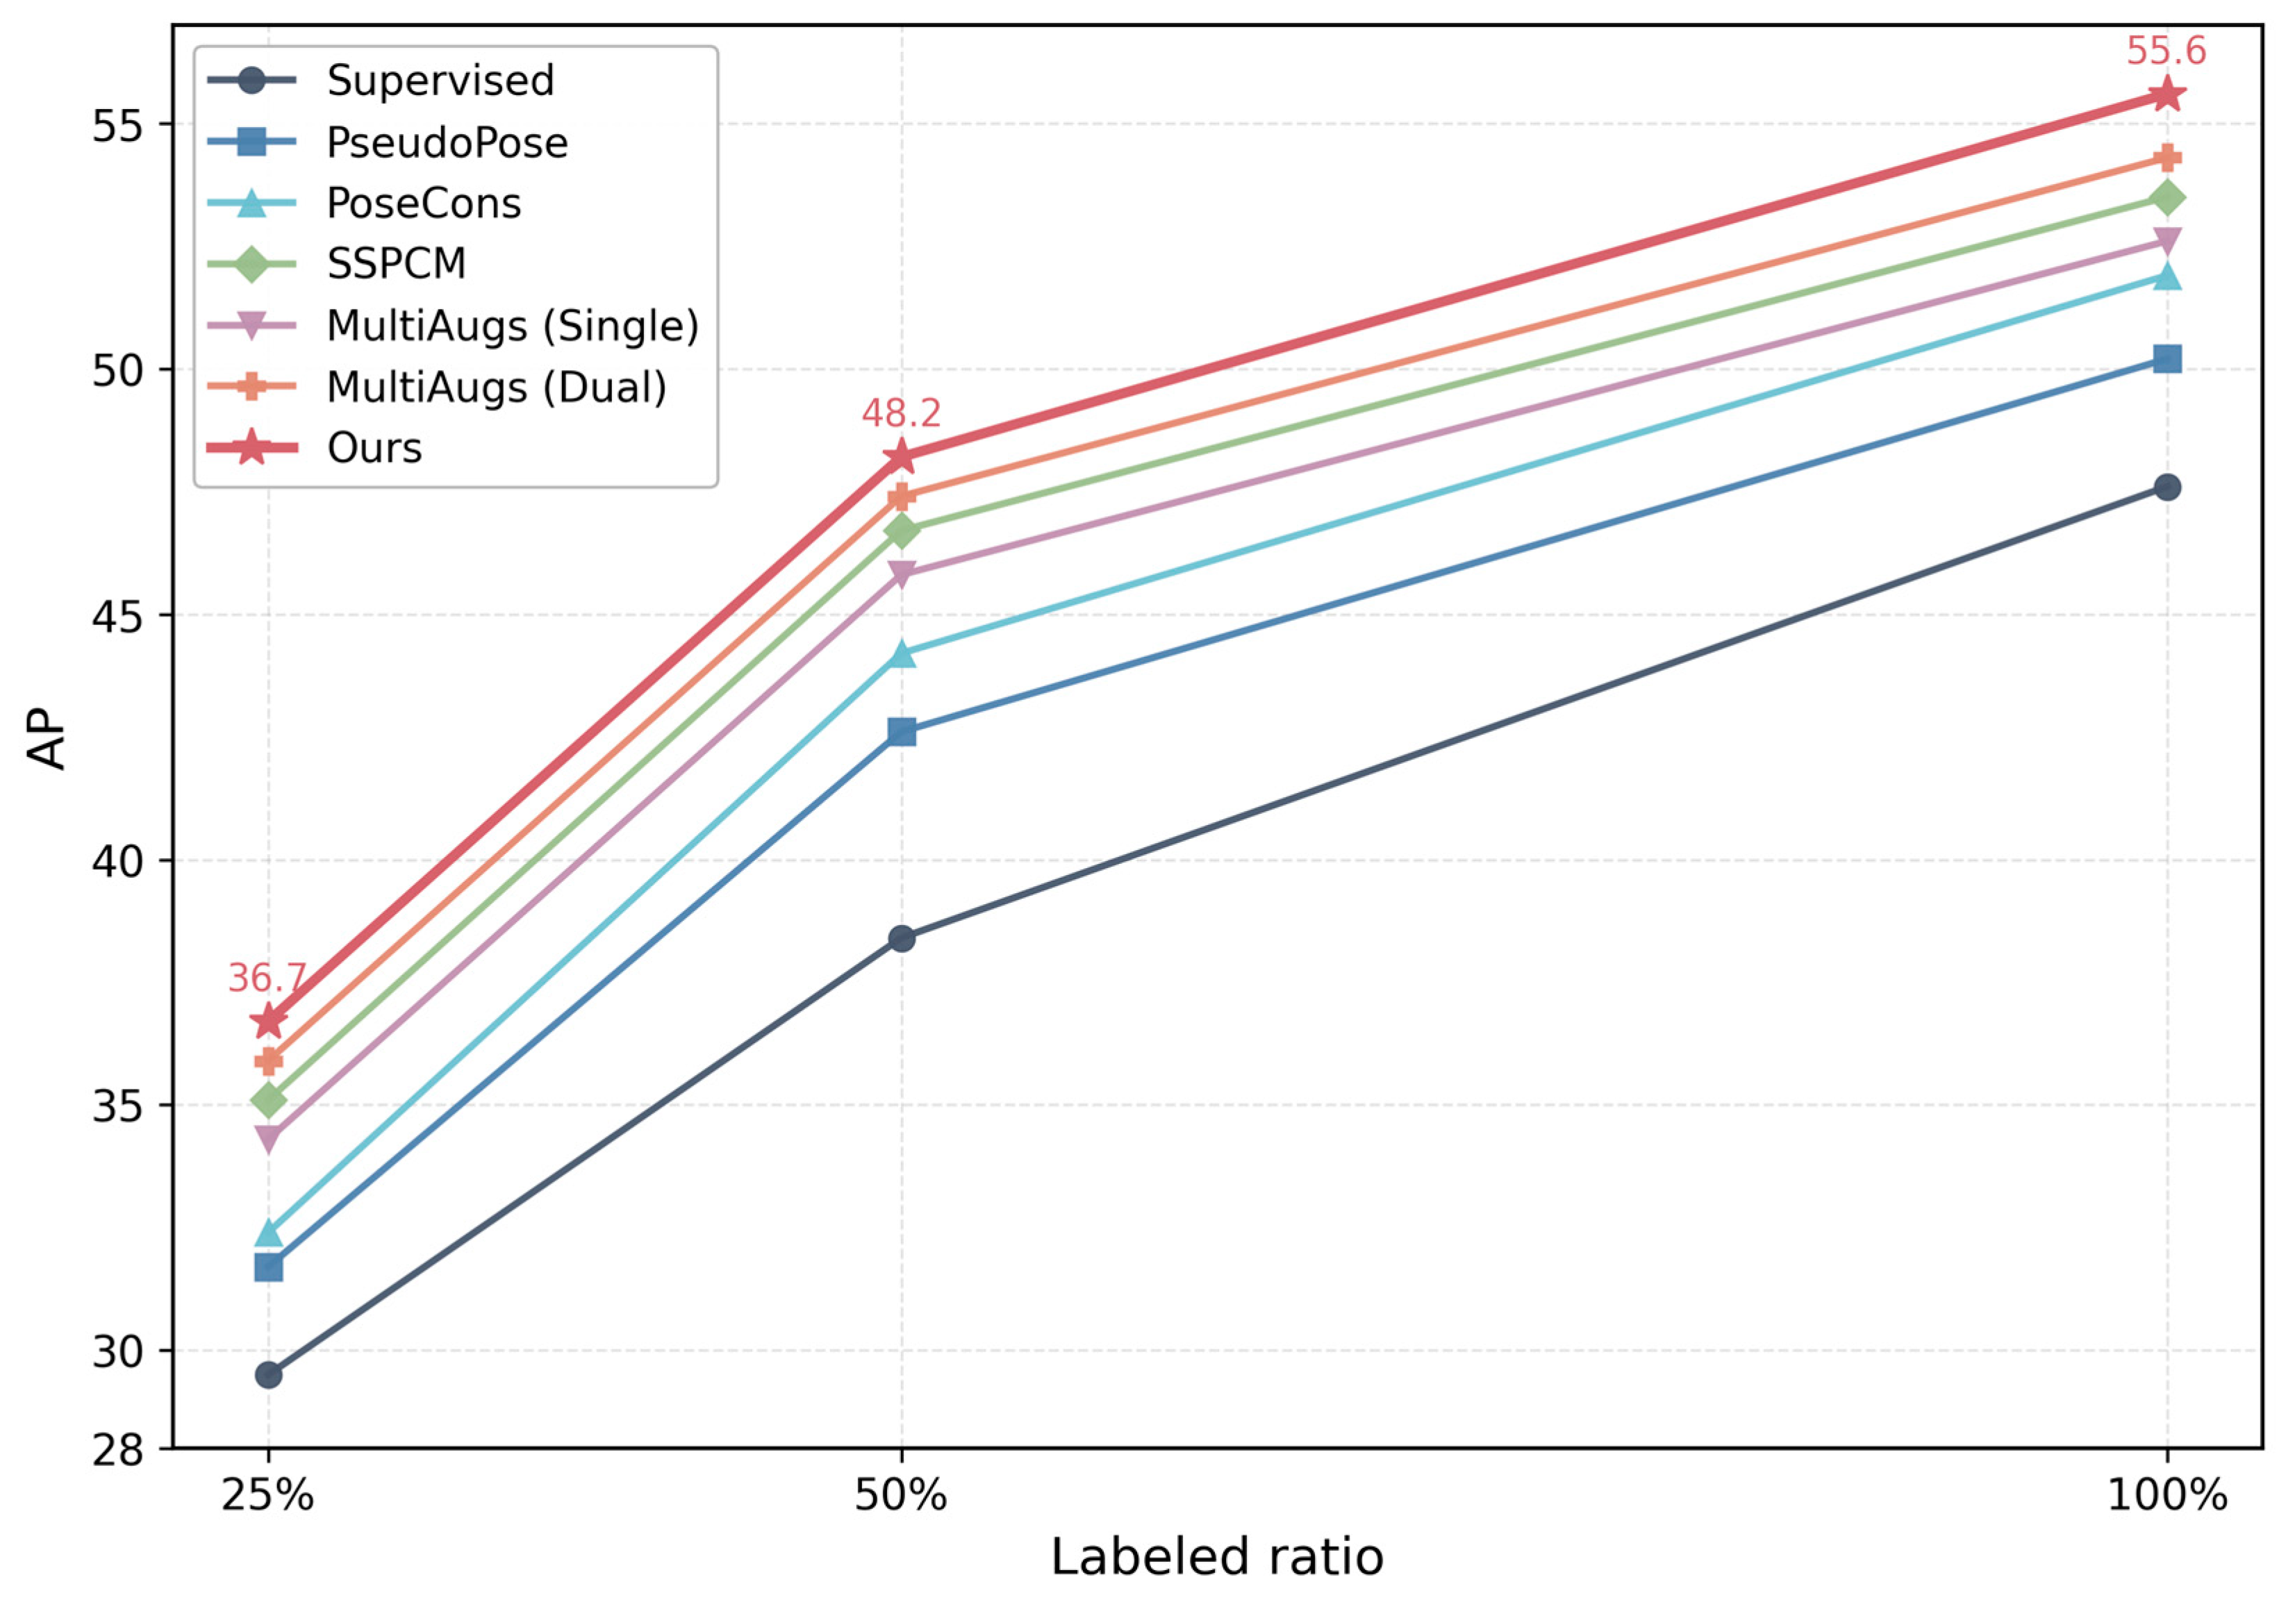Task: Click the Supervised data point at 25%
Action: (268, 1375)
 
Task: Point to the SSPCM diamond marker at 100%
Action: (2167, 198)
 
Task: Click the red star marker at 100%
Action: (2167, 96)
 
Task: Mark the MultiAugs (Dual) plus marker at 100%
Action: (2167, 158)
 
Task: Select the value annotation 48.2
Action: (901, 412)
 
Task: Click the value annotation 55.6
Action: (2167, 50)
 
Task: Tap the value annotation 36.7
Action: (267, 978)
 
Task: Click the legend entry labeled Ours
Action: (315, 448)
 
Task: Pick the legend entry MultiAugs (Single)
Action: (453, 326)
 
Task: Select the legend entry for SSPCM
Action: (336, 264)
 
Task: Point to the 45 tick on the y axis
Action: (117, 615)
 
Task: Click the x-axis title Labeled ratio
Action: (1217, 1557)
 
